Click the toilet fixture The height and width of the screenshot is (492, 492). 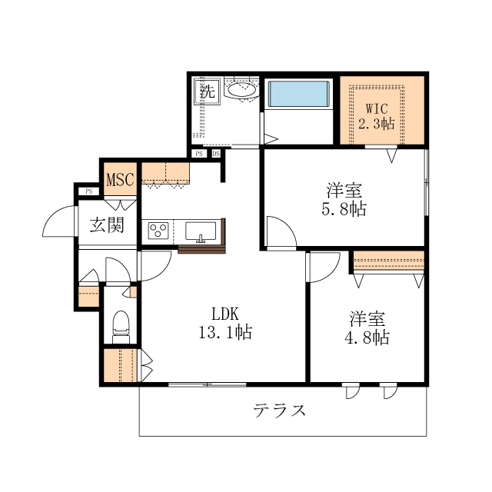pyautogui.click(x=121, y=327)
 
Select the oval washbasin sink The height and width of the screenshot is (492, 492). pyautogui.click(x=241, y=90)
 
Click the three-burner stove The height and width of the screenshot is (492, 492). pyautogui.click(x=158, y=231)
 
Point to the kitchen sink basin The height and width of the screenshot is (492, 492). pyautogui.click(x=201, y=231)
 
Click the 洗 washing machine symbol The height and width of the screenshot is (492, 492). pyautogui.click(x=208, y=91)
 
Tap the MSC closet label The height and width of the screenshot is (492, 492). pyautogui.click(x=120, y=179)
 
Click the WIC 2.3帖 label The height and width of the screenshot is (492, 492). pyautogui.click(x=377, y=116)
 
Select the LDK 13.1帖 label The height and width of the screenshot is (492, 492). pyautogui.click(x=225, y=323)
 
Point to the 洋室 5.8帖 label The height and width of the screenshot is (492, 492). pyautogui.click(x=344, y=200)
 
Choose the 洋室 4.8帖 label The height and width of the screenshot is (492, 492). pyautogui.click(x=367, y=328)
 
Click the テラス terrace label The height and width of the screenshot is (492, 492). pyautogui.click(x=279, y=411)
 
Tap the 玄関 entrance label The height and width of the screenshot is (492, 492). pyautogui.click(x=107, y=225)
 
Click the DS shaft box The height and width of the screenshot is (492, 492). pyautogui.click(x=216, y=154)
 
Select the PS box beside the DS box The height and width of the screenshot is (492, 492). pyautogui.click(x=199, y=154)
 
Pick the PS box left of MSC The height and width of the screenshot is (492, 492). pyautogui.click(x=89, y=191)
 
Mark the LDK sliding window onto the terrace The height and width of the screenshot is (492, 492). pyautogui.click(x=207, y=384)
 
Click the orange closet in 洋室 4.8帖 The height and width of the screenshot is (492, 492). pyautogui.click(x=389, y=260)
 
